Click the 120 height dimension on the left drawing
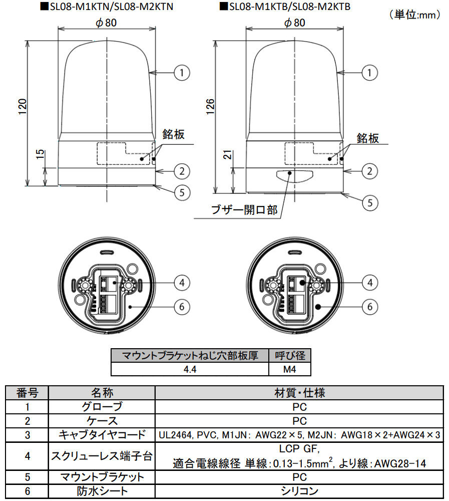[x=22, y=107]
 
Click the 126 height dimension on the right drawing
[x=210, y=107]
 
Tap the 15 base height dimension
[x=40, y=154]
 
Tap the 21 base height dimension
[x=228, y=154]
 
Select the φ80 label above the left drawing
[x=107, y=23]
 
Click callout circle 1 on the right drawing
[x=369, y=73]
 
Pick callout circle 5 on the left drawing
[x=182, y=192]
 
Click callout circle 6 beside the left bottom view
[x=182, y=307]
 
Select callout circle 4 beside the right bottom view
[x=370, y=283]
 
